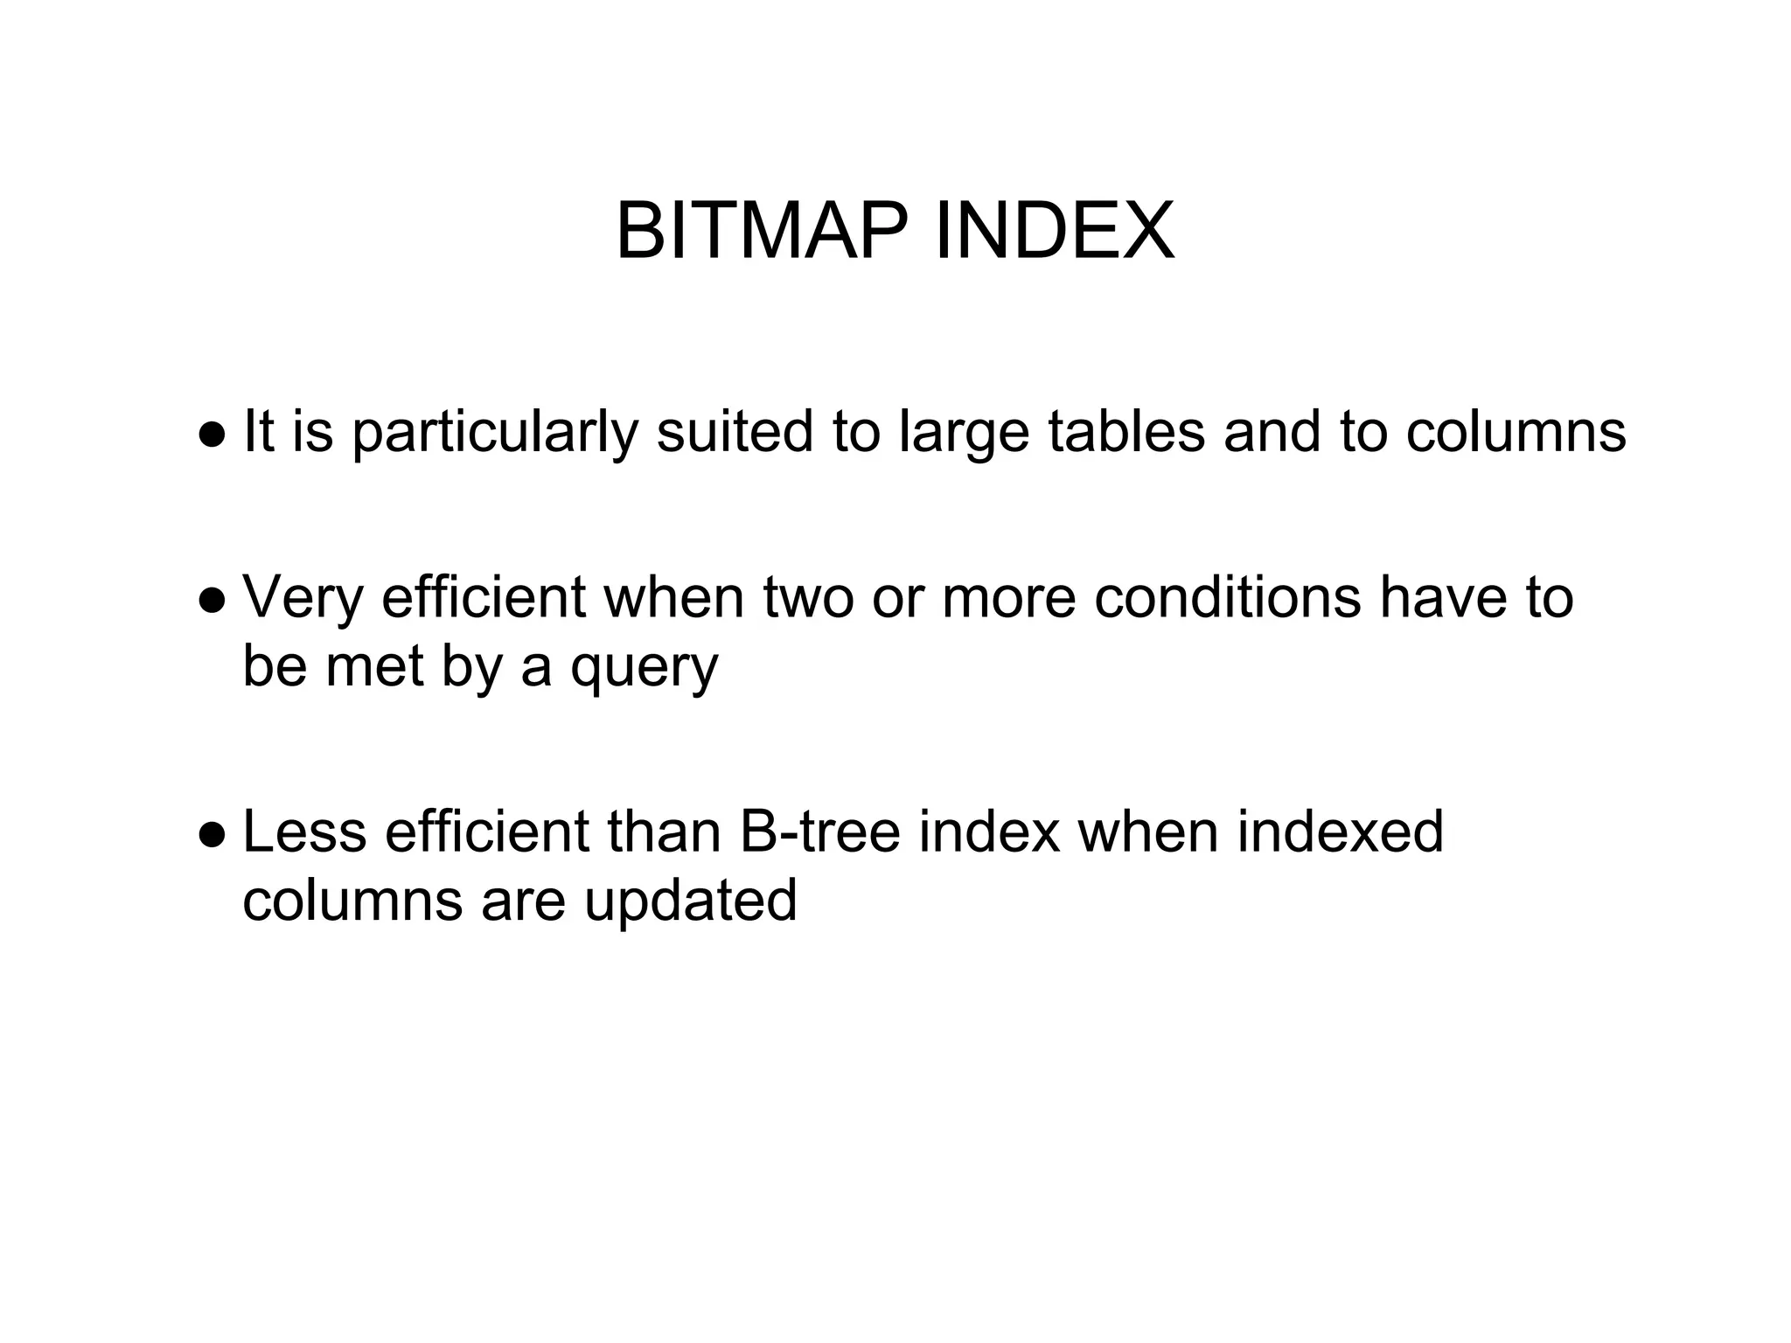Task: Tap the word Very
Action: coord(303,598)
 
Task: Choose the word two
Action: coord(808,598)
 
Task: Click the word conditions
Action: coord(1228,598)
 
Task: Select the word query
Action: coord(645,669)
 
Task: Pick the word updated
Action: coord(691,901)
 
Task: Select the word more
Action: coord(1008,600)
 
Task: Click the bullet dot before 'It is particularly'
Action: coord(212,435)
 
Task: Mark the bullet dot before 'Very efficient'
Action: coord(212,602)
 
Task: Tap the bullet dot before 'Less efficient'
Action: coord(212,835)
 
